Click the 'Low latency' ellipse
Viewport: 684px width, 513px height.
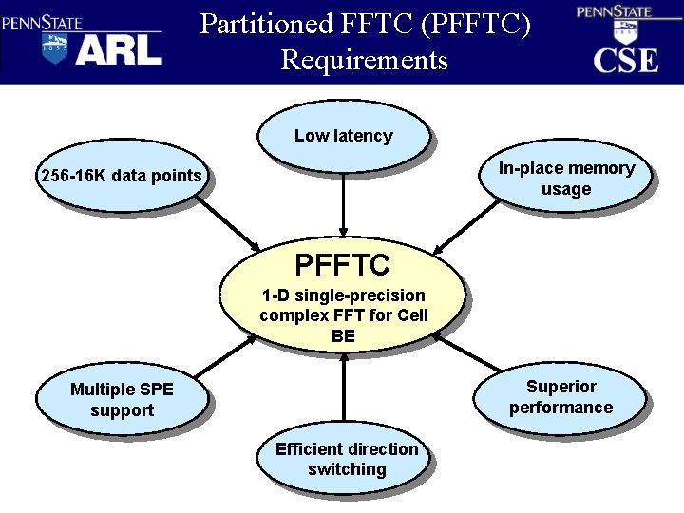tap(342, 136)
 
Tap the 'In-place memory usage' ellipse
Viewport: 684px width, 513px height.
tap(565, 179)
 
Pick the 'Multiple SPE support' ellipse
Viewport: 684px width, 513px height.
tap(121, 399)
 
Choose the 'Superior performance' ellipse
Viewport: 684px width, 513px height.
tap(560, 397)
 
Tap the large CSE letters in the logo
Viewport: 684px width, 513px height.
tap(625, 60)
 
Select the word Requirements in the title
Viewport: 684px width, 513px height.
tap(364, 60)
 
